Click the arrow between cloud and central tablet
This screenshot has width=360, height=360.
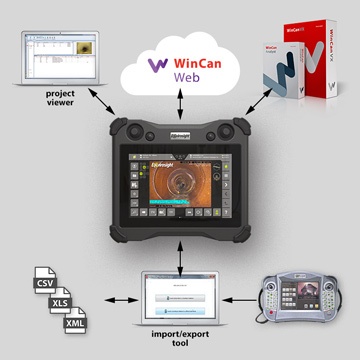[180, 113]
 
